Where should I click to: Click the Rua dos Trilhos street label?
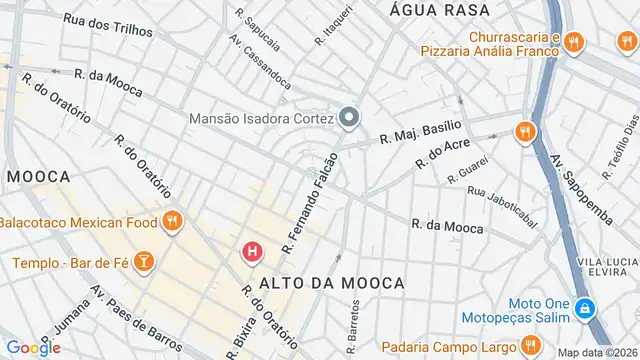pos(108,25)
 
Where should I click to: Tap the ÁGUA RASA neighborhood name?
pos(440,9)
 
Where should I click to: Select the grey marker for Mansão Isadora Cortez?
pos(349,119)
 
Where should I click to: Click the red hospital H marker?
pos(254,251)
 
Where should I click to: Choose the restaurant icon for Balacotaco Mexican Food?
pos(172,221)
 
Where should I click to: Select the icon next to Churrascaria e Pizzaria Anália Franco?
pos(573,42)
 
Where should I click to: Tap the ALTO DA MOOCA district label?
pos(332,284)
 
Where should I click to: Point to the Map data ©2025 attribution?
pos(597,352)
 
